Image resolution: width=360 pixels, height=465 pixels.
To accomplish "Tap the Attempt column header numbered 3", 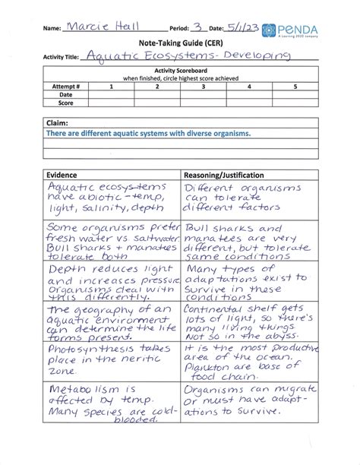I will (x=203, y=87).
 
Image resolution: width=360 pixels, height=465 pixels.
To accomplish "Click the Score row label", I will (x=66, y=102).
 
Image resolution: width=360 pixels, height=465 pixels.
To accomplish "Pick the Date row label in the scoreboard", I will (x=66, y=94).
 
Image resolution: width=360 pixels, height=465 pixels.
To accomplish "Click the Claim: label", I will (x=59, y=122).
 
